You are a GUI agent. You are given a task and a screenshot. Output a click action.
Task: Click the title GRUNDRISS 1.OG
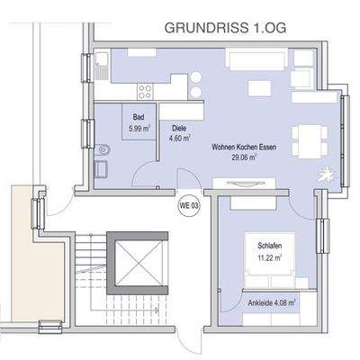[224, 28]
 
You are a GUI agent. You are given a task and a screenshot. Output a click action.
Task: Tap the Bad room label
[139, 118]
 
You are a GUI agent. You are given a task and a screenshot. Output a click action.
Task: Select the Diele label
[179, 129]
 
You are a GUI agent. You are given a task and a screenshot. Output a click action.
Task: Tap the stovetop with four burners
[144, 89]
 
